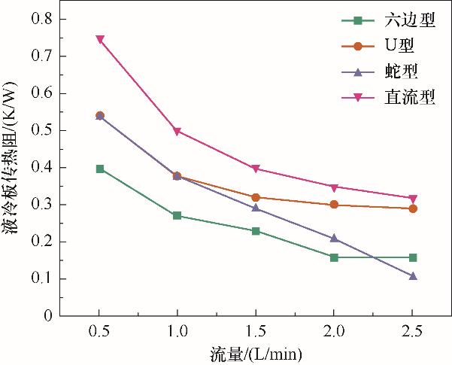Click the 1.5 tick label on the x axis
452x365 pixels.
[256, 332]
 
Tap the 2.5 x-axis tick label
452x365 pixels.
[412, 332]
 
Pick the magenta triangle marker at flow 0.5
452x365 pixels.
[100, 39]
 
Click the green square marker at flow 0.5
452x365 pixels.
[100, 169]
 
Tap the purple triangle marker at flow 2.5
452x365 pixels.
[412, 276]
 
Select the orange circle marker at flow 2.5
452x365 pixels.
[412, 208]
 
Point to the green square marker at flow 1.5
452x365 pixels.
[256, 231]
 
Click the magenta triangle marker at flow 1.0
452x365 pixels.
[177, 132]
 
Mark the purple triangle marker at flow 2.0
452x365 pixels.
[334, 239]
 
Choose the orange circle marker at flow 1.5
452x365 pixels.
[256, 197]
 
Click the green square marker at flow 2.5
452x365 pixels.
[412, 257]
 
